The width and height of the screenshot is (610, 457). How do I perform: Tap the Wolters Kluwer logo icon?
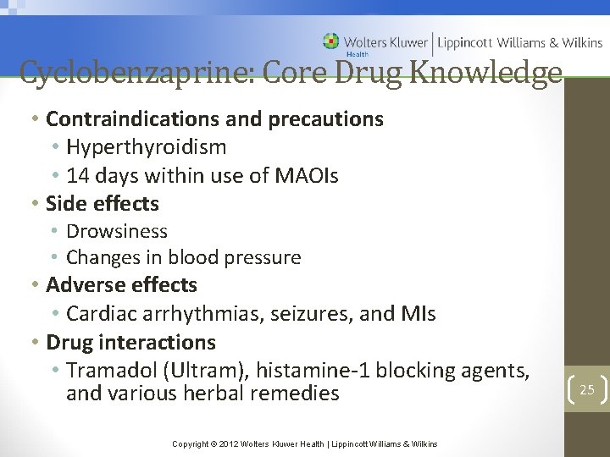(x=331, y=41)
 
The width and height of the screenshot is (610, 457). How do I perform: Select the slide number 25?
(x=587, y=389)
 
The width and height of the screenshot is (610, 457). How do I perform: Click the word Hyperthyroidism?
(x=146, y=147)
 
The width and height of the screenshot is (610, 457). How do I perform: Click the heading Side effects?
(x=103, y=204)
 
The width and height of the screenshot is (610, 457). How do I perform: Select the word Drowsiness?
(x=117, y=231)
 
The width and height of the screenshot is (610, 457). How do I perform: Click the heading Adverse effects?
(x=121, y=285)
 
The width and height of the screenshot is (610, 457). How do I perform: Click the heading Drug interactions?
(x=130, y=343)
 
